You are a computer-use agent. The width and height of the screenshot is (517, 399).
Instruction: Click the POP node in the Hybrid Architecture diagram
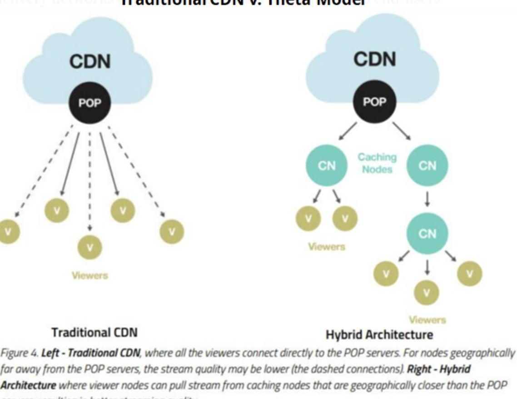point(374,102)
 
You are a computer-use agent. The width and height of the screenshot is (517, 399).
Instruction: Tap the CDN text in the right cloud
point(374,60)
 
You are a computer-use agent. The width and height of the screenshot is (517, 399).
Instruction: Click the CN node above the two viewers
point(326,165)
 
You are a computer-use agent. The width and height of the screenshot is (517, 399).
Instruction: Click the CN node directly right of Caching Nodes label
point(427,165)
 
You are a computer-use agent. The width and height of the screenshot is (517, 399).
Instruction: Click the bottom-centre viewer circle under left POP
point(89,248)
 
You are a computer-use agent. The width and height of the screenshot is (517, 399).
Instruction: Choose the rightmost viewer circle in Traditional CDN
point(172,231)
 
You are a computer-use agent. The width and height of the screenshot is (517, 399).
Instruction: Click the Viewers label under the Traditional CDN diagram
point(89,275)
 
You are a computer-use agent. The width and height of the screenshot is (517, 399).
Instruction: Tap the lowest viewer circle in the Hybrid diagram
point(426,292)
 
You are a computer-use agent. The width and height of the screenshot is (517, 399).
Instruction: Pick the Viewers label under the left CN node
point(326,247)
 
